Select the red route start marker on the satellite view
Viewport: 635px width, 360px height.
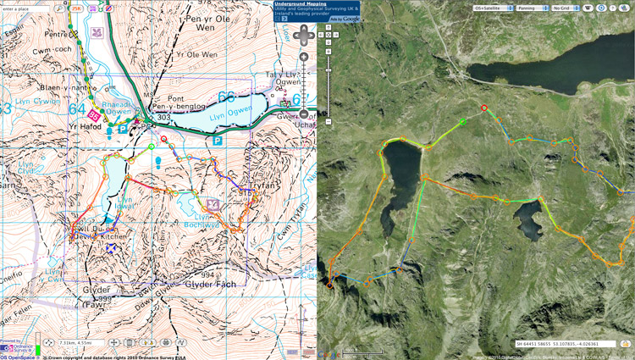tap(483, 108)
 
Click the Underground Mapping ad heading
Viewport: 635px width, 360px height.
tap(300, 3)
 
